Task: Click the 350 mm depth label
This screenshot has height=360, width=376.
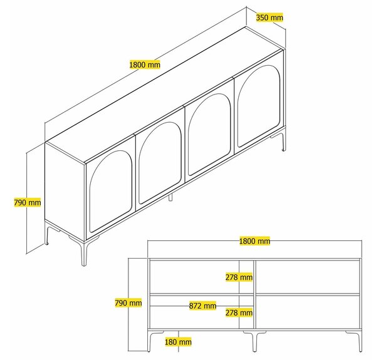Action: pos(269,18)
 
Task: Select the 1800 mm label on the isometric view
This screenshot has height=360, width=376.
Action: pos(145,64)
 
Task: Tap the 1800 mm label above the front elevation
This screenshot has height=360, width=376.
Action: pos(254,240)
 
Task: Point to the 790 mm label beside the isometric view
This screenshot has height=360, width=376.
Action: pos(28,202)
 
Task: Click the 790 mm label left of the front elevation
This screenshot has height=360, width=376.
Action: pos(128,303)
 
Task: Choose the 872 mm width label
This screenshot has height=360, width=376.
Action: pos(202,306)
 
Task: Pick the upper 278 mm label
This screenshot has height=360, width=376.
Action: pos(239,277)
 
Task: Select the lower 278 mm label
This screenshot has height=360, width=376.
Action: pos(239,312)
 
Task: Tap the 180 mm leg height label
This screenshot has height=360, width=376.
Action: pos(178,342)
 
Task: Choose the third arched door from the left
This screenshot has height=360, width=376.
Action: pos(209,133)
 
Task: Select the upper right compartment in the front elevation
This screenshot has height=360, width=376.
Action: pos(308,277)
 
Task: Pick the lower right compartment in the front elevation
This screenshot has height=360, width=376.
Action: pos(308,312)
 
